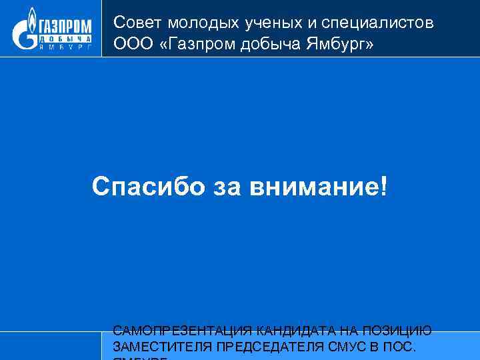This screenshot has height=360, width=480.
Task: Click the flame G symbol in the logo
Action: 26,31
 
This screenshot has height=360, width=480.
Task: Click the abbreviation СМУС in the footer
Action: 345,347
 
